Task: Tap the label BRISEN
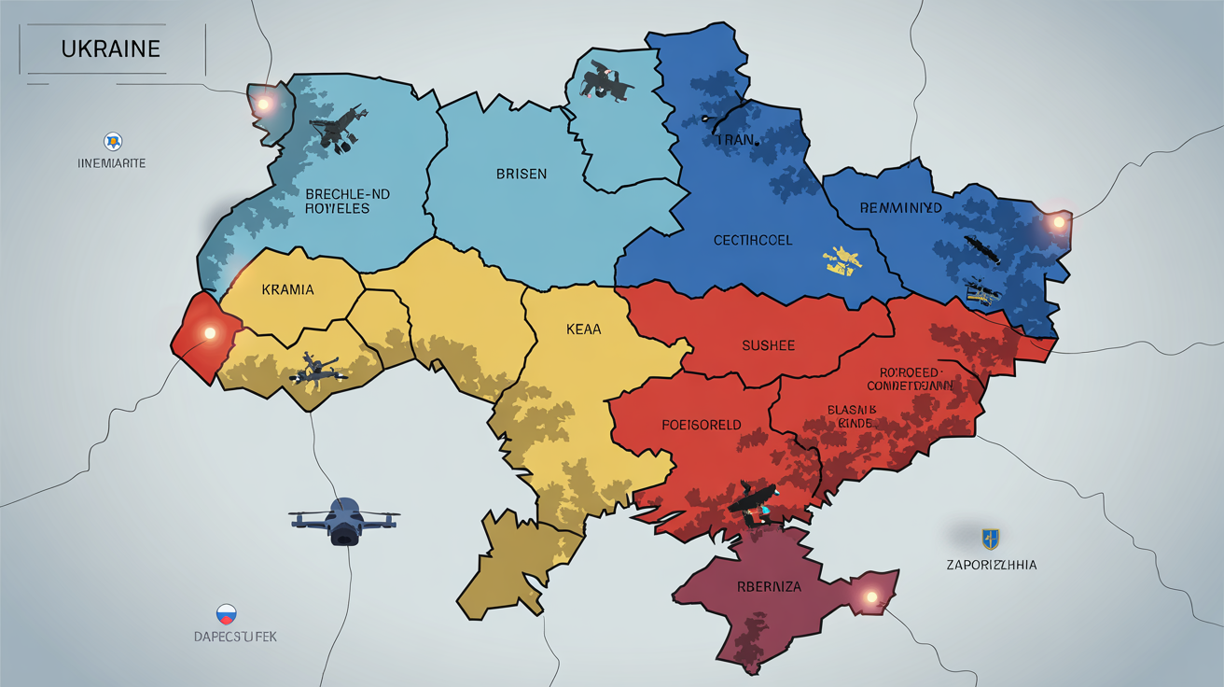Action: pos(522,174)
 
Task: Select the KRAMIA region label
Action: pos(287,289)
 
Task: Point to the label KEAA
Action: pos(584,329)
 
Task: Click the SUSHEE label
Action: pos(768,345)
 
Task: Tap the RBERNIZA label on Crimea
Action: pos(769,588)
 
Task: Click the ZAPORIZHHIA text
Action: pos(991,565)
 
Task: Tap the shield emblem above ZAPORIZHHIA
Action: pos(990,538)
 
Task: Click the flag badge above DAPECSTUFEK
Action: pos(226,614)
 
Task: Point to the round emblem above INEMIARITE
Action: pos(112,142)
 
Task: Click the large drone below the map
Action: pos(343,518)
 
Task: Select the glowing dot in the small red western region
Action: pos(209,332)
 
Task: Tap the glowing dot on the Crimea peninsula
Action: pos(872,596)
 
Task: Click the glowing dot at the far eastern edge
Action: pos(1057,222)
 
